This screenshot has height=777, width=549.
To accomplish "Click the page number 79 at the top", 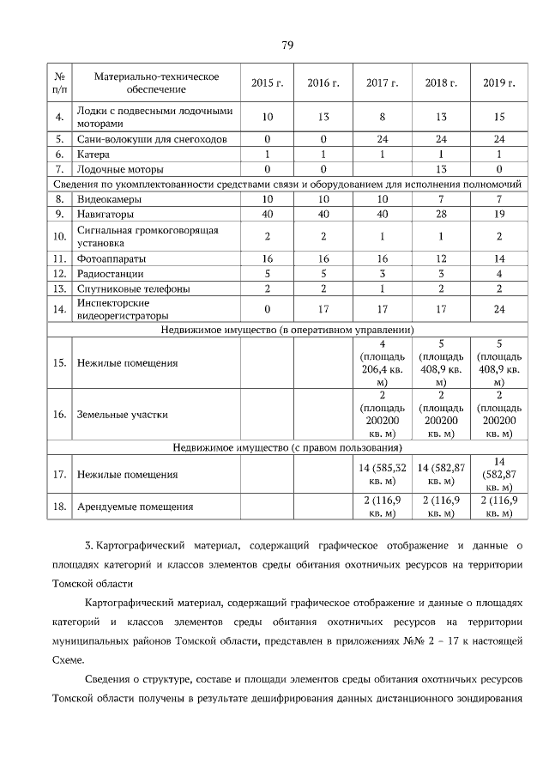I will (287, 46).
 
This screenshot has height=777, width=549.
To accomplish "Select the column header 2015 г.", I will (267, 83).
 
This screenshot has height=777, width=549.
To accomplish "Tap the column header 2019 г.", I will (498, 83).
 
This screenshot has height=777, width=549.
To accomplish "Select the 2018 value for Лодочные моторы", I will (441, 169).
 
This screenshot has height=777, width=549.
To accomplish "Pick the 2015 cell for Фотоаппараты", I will (267, 258).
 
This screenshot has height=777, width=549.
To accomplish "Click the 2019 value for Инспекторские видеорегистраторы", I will (498, 309).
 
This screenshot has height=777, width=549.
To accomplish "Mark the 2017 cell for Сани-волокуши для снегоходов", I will (383, 138).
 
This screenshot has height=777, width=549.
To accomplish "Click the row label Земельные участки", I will (121, 414).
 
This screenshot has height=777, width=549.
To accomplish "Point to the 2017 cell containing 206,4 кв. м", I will (383, 362).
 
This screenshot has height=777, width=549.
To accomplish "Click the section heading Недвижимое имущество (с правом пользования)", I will (287, 447).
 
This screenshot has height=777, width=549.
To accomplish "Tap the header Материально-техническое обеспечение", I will (156, 83).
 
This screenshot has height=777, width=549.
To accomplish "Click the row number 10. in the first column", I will (59, 236).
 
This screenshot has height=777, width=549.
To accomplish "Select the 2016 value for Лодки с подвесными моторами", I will (323, 116).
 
